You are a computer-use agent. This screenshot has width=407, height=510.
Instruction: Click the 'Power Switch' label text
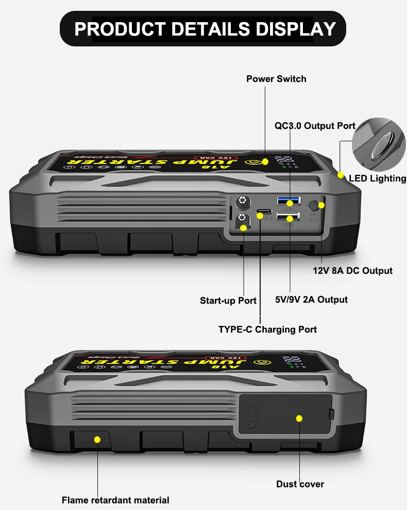pos(276,79)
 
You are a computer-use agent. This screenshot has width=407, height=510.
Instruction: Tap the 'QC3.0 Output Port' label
pos(314,125)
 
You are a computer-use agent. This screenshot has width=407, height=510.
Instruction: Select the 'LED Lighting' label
pos(377,178)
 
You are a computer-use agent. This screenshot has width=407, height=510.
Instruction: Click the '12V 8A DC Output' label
pos(352,271)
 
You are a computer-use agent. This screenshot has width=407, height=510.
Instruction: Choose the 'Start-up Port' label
pos(228,301)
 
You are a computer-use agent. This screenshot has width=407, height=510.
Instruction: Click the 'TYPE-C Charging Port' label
pos(267,329)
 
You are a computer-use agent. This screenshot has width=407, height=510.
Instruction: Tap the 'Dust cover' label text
pos(300,484)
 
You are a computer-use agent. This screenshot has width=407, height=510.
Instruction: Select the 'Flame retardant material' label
pos(115,500)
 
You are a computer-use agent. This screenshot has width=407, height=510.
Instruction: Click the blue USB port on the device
pos(289,201)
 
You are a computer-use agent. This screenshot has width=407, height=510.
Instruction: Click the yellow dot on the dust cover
pos(299,419)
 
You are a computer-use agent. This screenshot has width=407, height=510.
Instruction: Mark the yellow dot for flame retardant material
pos(97,439)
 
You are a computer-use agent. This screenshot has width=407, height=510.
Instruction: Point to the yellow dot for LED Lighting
pos(340,175)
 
